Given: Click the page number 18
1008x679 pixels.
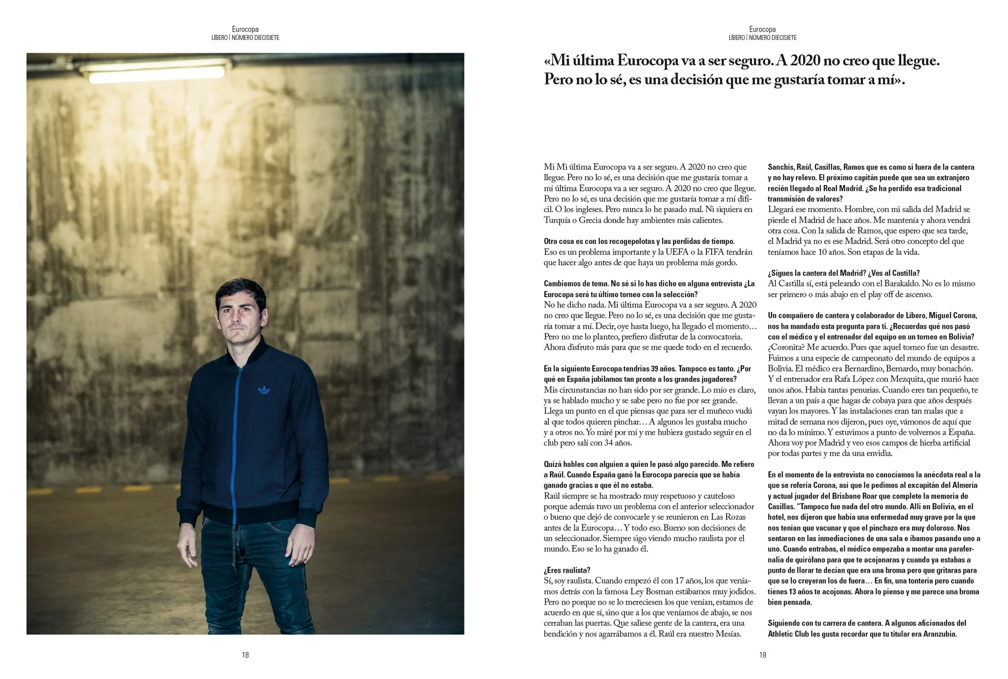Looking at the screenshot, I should [x=245, y=655].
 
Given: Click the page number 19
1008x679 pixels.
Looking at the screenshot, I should [x=762, y=655].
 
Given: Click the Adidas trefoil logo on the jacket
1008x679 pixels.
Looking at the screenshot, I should [x=264, y=391].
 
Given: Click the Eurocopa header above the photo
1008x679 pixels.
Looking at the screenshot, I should [x=245, y=30].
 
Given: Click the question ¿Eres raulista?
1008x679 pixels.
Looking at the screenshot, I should [x=567, y=570].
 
